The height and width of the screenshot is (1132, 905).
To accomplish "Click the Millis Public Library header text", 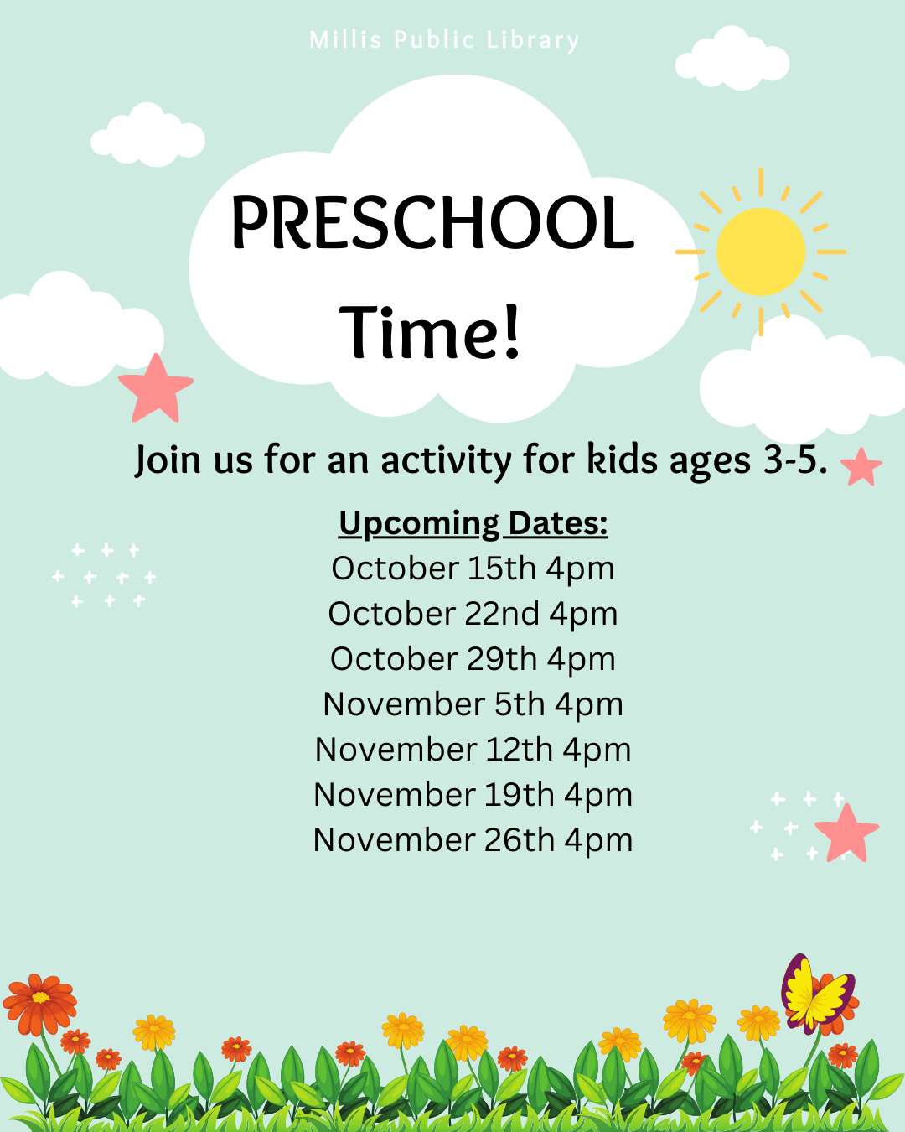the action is click(x=444, y=40).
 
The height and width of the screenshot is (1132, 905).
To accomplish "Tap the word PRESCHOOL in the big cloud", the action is click(x=432, y=222).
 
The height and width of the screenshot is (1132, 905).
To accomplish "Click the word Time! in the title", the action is click(x=430, y=332).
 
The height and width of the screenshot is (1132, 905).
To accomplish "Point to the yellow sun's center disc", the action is click(x=760, y=252).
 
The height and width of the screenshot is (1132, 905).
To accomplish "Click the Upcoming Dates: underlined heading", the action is click(x=473, y=523).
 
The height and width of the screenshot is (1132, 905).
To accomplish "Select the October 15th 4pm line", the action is click(x=473, y=569).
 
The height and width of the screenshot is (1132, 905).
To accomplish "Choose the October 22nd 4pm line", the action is click(x=473, y=613).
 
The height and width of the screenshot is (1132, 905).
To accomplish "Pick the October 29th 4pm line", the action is click(x=473, y=658).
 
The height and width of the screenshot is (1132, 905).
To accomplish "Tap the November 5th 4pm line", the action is click(x=473, y=704).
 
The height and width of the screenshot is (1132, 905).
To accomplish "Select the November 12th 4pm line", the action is click(x=473, y=749).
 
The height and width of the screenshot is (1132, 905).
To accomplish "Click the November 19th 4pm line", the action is click(x=473, y=794).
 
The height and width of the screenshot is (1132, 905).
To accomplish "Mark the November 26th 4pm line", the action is click(x=473, y=839).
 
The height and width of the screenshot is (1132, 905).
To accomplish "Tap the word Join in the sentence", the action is click(x=168, y=460).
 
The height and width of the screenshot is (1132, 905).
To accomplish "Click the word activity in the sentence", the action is click(x=446, y=461).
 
